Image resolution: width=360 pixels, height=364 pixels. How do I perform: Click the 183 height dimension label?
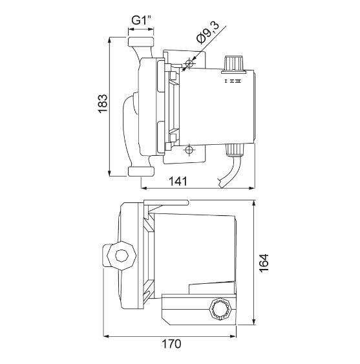pyautogui.click(x=103, y=103)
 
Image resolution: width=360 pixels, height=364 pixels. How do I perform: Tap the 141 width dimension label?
pyautogui.click(x=178, y=181)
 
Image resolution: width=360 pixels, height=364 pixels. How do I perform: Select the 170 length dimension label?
pyautogui.click(x=171, y=344)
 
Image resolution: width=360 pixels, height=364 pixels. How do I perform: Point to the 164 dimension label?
pyautogui.click(x=264, y=262)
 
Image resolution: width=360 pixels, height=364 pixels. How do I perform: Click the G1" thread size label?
pyautogui.click(x=142, y=20)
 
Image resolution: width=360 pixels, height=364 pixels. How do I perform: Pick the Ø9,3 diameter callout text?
pyautogui.click(x=207, y=32)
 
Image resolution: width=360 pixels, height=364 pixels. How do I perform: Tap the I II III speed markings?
pyautogui.click(x=233, y=81)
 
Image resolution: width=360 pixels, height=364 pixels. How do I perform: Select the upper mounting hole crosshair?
pyautogui.click(x=189, y=63)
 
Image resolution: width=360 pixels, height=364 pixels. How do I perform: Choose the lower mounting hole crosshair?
pyautogui.click(x=189, y=150)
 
